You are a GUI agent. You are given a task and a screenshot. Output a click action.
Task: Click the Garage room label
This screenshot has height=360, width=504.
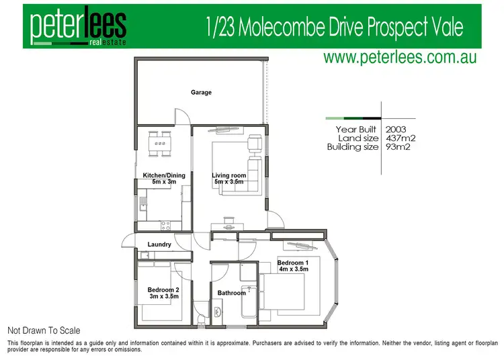pyautogui.click(x=201, y=93)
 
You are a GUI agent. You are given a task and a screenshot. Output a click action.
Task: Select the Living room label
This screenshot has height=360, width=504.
pyautogui.click(x=229, y=176)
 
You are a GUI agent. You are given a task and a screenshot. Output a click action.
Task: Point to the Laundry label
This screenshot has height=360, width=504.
pyautogui.click(x=159, y=244)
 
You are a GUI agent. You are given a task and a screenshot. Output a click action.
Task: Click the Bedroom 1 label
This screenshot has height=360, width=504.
pyautogui.click(x=293, y=263)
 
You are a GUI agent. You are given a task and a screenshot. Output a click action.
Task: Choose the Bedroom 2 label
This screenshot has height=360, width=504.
pyautogui.click(x=163, y=290)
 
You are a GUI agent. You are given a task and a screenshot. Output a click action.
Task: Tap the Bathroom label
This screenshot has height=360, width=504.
pyautogui.click(x=232, y=293)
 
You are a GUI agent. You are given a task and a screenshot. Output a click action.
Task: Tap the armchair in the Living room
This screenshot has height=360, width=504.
pyautogui.click(x=255, y=144)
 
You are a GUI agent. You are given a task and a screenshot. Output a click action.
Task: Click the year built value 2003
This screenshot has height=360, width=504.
pyautogui.click(x=396, y=128)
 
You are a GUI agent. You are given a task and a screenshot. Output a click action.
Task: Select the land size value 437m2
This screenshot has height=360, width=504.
pyautogui.click(x=401, y=138)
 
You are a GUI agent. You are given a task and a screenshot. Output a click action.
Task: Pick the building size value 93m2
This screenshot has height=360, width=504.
pyautogui.click(x=398, y=147)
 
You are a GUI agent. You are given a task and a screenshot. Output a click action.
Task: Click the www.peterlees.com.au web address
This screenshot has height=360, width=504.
pyautogui.click(x=400, y=58)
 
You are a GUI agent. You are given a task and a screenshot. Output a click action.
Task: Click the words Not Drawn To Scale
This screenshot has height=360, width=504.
pyautogui.click(x=44, y=330)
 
